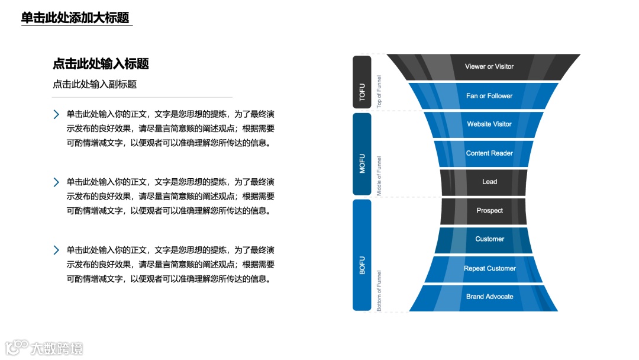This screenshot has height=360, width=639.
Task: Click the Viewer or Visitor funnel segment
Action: pyautogui.click(x=489, y=67)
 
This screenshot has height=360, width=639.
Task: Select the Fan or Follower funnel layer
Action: pyautogui.click(x=489, y=96)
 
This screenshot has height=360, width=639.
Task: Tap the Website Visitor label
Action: pyautogui.click(x=489, y=124)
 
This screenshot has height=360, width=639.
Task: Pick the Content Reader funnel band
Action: pyautogui.click(x=489, y=153)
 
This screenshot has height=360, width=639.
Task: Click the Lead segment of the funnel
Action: pyautogui.click(x=489, y=182)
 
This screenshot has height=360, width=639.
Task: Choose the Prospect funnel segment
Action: pyautogui.click(x=489, y=211)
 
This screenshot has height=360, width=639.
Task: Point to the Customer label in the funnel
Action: pyautogui.click(x=489, y=239)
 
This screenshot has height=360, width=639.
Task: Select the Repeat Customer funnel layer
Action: pyautogui.click(x=489, y=268)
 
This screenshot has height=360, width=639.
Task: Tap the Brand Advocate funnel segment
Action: pyautogui.click(x=489, y=297)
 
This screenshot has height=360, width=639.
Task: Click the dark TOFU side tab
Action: pyautogui.click(x=362, y=82)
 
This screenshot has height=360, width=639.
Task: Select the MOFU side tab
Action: pyautogui.click(x=362, y=154)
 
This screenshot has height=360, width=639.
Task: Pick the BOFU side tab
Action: pyautogui.click(x=362, y=255)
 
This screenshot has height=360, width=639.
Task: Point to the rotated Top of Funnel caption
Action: pyautogui.click(x=379, y=91)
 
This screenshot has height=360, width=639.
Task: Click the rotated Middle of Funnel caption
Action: pyautogui.click(x=379, y=175)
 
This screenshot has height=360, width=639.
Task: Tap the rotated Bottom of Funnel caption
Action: pyautogui.click(x=379, y=290)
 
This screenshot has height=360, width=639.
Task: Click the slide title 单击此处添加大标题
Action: pyautogui.click(x=75, y=18)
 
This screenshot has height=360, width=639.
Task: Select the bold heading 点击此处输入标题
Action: pyautogui.click(x=101, y=64)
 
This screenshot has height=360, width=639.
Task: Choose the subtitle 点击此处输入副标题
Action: pyautogui.click(x=95, y=84)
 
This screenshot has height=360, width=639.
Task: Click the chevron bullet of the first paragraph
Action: pyautogui.click(x=56, y=114)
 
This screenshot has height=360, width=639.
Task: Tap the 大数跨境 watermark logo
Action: pyautogui.click(x=44, y=347)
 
